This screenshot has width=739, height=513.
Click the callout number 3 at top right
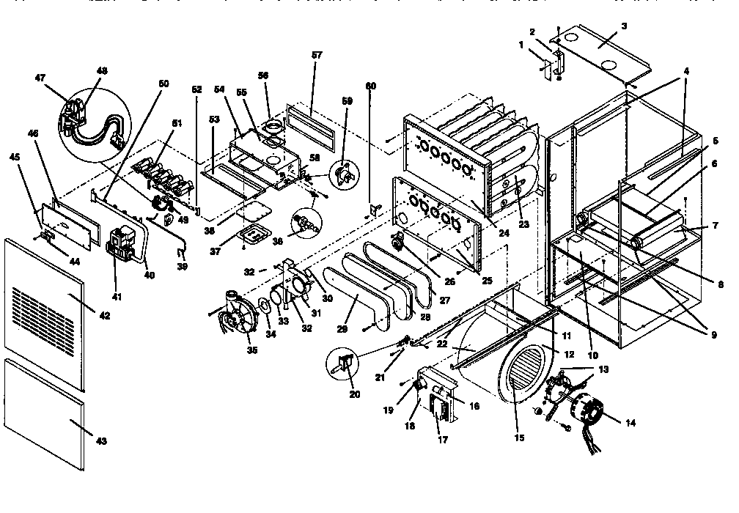click(623, 25)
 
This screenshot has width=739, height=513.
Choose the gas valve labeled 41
click(120, 245)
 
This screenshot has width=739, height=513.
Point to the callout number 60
click(371, 86)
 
